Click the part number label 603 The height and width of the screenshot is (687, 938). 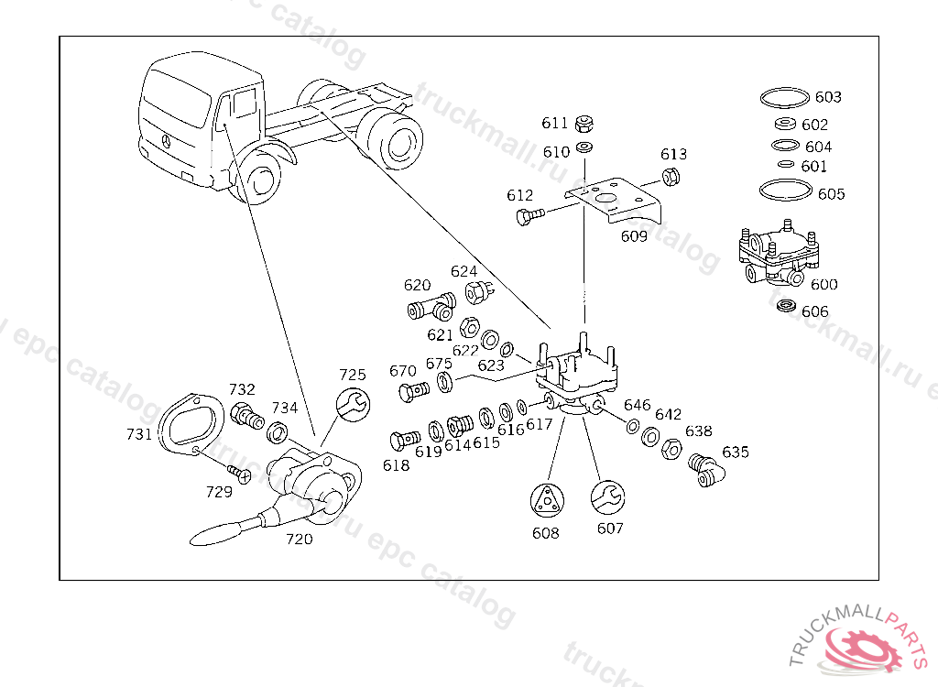(828, 97)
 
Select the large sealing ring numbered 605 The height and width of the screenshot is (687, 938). (785, 191)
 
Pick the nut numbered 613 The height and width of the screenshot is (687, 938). (669, 177)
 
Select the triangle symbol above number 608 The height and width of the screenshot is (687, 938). (548, 501)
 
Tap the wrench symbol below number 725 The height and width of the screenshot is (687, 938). (354, 403)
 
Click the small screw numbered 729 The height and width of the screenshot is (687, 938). (240, 474)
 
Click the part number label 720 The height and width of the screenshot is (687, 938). (300, 540)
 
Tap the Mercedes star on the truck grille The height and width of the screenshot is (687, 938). (167, 141)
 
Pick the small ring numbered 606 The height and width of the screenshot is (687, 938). (786, 306)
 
